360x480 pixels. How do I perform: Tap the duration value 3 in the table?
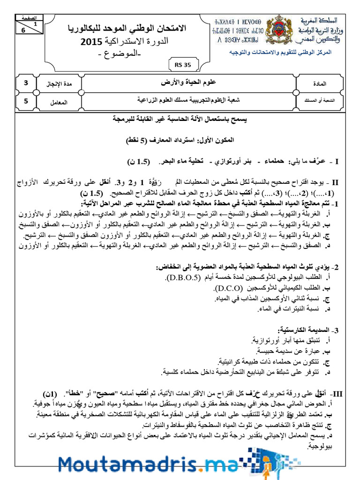(26, 83)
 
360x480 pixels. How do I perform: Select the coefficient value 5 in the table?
(26, 100)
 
